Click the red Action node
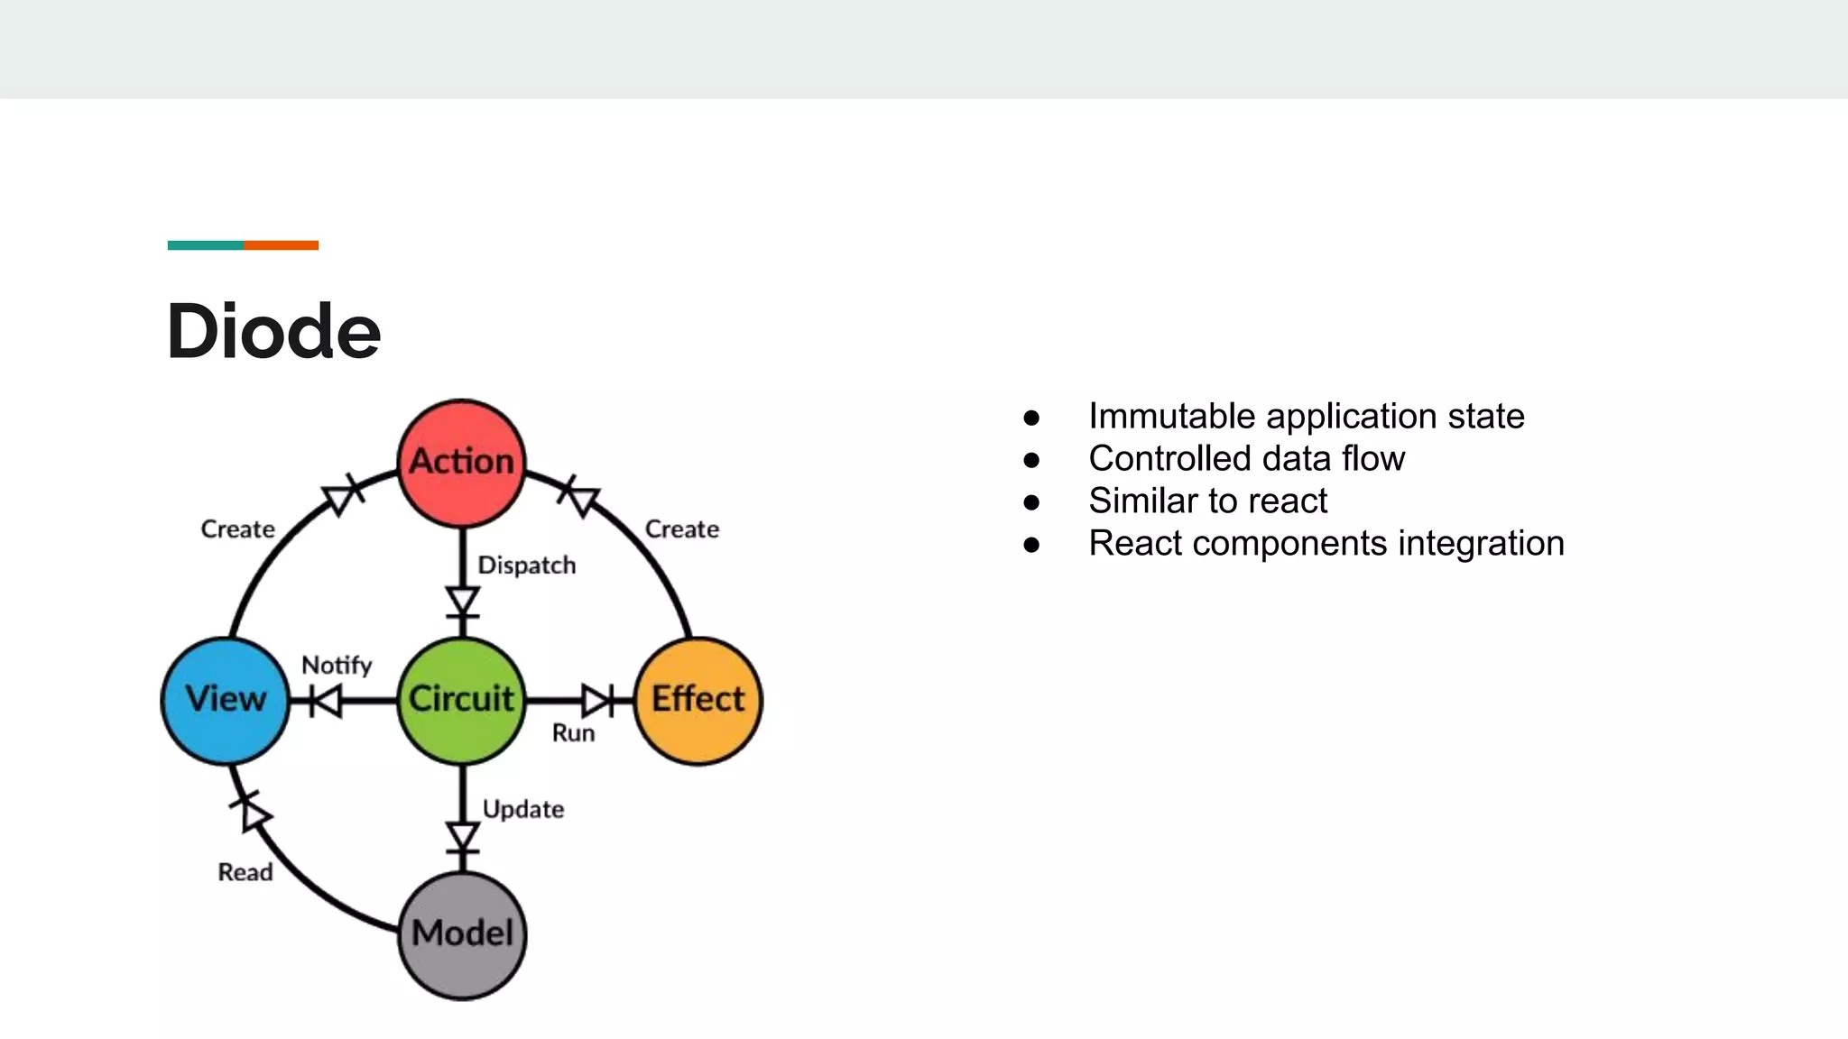pos(462,463)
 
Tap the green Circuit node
pos(462,700)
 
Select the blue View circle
pos(226,700)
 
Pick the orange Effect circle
pos(698,700)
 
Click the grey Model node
pos(462,934)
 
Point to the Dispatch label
pos(526,565)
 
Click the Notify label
pos(337,666)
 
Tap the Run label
pos(573,733)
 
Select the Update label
pos(523,809)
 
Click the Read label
pos(245,872)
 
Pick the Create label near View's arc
pos(237,529)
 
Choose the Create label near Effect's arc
pos(682,529)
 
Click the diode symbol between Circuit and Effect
pos(598,700)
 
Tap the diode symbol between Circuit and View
pos(325,700)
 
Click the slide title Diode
pos(274,332)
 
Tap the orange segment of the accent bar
pos(281,245)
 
